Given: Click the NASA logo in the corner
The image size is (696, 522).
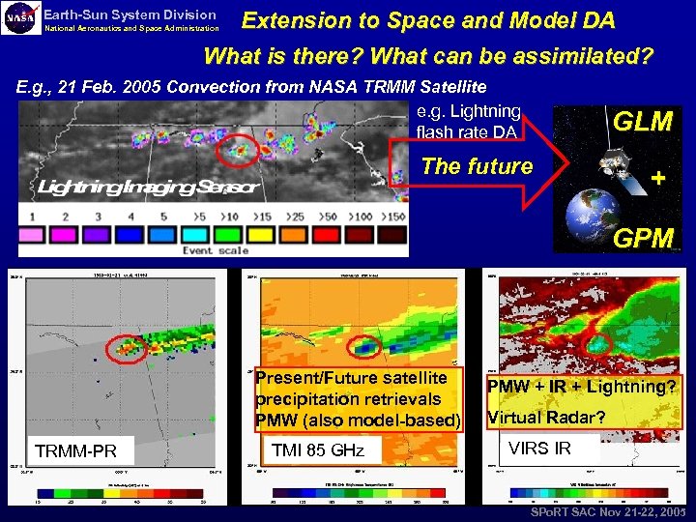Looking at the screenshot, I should (x=22, y=19).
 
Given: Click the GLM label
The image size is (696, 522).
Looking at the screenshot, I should (x=643, y=122).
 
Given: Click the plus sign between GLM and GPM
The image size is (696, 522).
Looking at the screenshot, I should (x=658, y=180).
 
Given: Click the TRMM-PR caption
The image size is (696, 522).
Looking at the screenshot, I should (x=75, y=451).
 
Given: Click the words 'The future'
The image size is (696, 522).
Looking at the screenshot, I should (x=477, y=166).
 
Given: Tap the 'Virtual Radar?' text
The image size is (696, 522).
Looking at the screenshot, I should (x=546, y=418).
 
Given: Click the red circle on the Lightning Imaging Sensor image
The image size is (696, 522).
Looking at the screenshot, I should (x=237, y=150).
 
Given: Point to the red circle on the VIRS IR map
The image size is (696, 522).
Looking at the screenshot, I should (x=597, y=343).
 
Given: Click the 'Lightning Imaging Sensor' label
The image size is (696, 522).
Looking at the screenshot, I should (x=149, y=186).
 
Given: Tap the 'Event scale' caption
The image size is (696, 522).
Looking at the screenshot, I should (x=217, y=250).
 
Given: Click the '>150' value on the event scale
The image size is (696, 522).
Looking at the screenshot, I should (x=394, y=217).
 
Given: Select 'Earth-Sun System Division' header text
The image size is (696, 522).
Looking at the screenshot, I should (x=130, y=14).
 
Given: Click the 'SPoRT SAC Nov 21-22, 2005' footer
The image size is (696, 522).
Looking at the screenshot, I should (x=607, y=511).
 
